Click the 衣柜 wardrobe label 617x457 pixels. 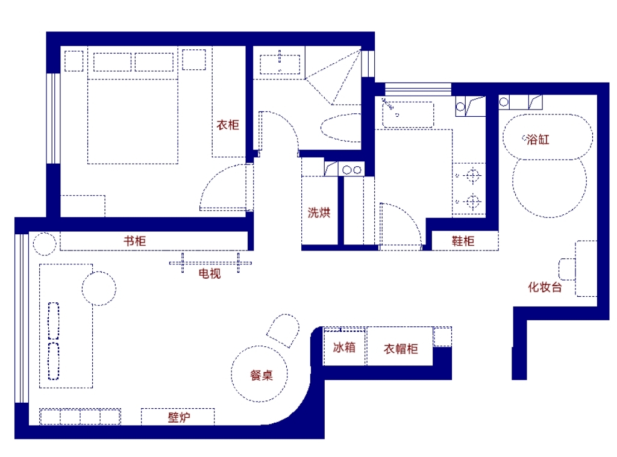pyautogui.click(x=228, y=125)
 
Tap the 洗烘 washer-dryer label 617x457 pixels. pyautogui.click(x=319, y=213)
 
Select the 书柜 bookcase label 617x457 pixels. pyautogui.click(x=134, y=241)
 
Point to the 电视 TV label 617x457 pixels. pyautogui.click(x=210, y=273)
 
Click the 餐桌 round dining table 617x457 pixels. pyautogui.click(x=259, y=374)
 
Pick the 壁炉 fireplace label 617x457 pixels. pyautogui.click(x=179, y=417)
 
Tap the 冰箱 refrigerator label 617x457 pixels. pyautogui.click(x=344, y=347)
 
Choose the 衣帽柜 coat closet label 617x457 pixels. pyautogui.click(x=401, y=349)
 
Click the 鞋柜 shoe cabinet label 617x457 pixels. pyautogui.click(x=463, y=241)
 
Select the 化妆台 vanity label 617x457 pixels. pyautogui.click(x=545, y=287)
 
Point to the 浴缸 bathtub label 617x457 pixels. pyautogui.click(x=538, y=139)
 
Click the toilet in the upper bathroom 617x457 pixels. pyautogui.click(x=341, y=128)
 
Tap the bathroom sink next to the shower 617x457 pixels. pyautogui.click(x=280, y=64)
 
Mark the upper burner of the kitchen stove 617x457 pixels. pyautogui.click(x=472, y=175)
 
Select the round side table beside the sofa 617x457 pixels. pyautogui.click(x=99, y=288)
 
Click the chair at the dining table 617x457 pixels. pyautogui.click(x=283, y=331)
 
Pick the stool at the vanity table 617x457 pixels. pyautogui.click(x=567, y=269)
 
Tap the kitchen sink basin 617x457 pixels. pyautogui.click(x=408, y=114)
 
